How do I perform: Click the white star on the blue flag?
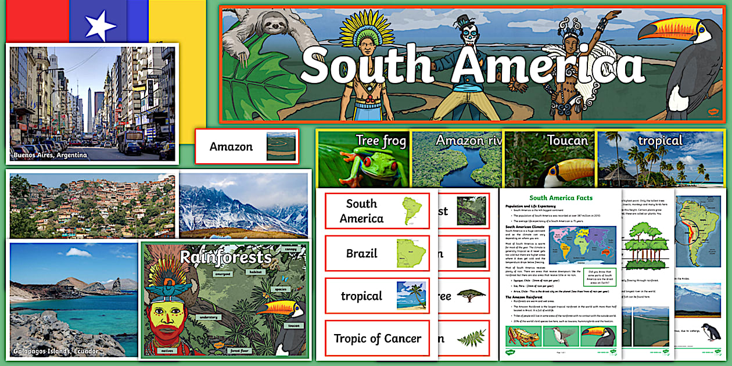tap(101, 25)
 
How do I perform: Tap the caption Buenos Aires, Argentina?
tap(50, 155)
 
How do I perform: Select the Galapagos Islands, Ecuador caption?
tap(56, 351)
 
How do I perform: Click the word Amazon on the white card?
tap(231, 146)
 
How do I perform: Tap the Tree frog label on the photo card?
tap(381, 141)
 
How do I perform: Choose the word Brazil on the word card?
tap(361, 253)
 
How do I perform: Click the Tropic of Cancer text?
tap(377, 338)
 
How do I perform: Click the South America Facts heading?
tap(561, 198)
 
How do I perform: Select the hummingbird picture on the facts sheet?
tap(561, 336)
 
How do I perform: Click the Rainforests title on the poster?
tap(225, 257)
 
